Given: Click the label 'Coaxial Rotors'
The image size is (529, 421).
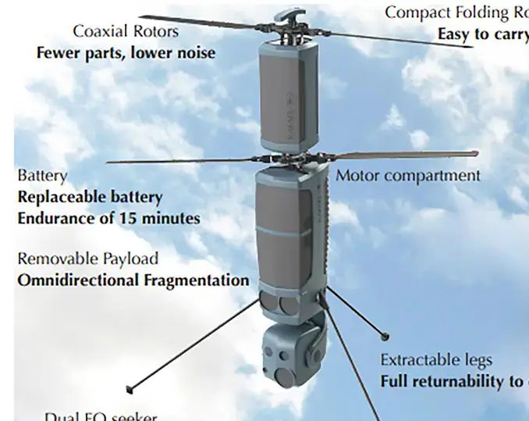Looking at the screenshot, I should pos(126,32).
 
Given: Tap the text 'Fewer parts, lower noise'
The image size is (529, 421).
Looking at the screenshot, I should pos(126,52).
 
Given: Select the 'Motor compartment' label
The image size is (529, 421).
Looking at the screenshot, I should pos(407,176).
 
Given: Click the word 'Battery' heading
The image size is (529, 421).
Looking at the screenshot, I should pos(42,177).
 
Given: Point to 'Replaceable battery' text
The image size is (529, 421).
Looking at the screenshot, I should pos(90,197).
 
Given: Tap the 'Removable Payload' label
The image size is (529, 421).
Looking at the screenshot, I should pos(87,259).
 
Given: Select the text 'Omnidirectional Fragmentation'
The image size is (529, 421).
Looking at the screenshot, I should pos(133,280).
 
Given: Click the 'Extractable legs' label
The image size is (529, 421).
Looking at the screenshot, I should pos(436,360).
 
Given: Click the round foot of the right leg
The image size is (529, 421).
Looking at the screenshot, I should pos(385,337).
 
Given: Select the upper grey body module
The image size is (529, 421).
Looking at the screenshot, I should pos(289,94).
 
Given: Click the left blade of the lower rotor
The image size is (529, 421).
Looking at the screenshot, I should pos(179,161).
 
